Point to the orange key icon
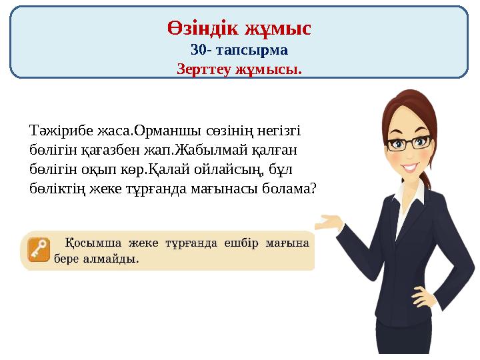[39, 249]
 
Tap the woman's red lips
[409, 166]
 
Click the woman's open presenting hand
[333, 222]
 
